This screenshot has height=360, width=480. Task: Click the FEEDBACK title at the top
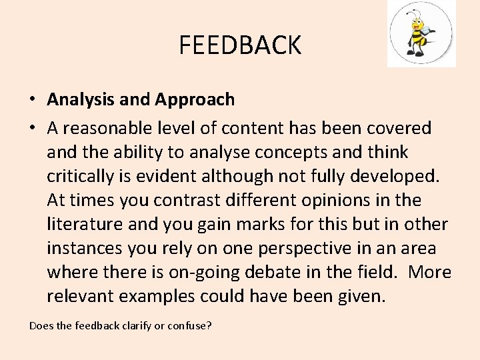tap(240, 45)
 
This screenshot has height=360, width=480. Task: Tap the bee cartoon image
tap(421, 33)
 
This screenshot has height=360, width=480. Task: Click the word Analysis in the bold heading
tap(81, 100)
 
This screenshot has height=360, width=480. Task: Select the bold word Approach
tap(195, 100)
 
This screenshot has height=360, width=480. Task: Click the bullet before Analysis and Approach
tap(32, 100)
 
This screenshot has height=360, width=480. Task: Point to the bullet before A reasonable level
tap(32, 128)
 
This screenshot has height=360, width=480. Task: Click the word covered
tap(398, 128)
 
